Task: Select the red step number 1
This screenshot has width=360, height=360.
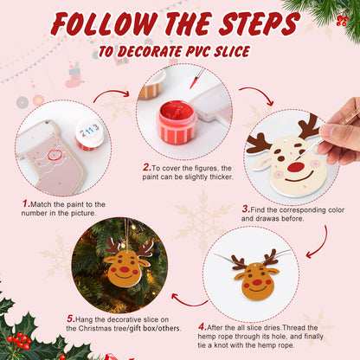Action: coord(25,203)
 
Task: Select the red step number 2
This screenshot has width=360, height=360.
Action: coord(146,166)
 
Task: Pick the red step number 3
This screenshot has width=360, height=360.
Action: coord(246,209)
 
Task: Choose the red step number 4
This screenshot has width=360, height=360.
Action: coord(202,326)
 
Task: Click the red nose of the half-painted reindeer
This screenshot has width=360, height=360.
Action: coord(296,165)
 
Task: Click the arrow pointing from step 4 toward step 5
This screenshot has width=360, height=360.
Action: coord(188,299)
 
